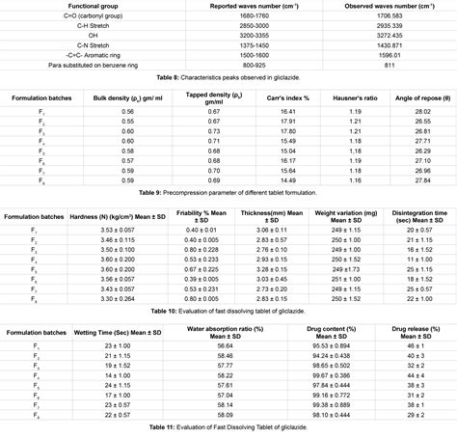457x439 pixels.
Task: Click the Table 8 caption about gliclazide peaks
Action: click(228, 76)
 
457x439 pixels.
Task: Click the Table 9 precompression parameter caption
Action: click(228, 193)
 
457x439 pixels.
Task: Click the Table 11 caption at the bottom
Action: click(228, 425)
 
